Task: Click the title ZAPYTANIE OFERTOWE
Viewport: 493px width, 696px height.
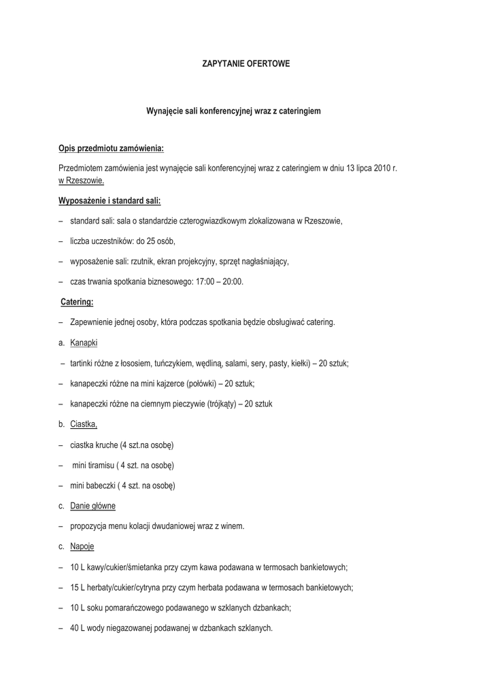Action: coord(246,63)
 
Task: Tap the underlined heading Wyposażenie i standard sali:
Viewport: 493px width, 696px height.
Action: coord(109,201)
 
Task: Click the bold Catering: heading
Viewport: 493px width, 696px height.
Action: coord(77,302)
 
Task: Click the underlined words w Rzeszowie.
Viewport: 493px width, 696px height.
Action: coord(81,181)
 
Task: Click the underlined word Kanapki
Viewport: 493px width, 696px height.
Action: coord(84,343)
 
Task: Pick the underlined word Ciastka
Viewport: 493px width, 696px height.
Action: coord(83,424)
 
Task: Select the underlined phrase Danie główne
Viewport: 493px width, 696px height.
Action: coord(92,506)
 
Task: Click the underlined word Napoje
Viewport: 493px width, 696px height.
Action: coord(82,546)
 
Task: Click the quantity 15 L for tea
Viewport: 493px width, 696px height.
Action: coord(78,587)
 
